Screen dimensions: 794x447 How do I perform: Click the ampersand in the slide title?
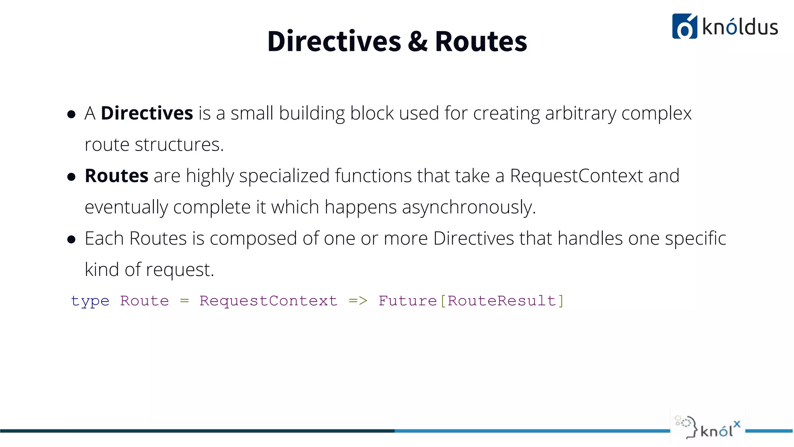click(x=418, y=42)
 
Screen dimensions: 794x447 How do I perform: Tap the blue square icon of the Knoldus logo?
click(x=684, y=26)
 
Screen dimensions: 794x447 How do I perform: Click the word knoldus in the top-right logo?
click(x=740, y=27)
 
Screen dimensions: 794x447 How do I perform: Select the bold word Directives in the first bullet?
click(x=147, y=113)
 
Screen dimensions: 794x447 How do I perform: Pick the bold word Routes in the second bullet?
click(x=116, y=176)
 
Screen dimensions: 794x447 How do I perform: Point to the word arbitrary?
click(x=580, y=113)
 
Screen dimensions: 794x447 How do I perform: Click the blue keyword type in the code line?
click(x=90, y=301)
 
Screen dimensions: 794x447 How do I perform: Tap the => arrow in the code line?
click(x=357, y=301)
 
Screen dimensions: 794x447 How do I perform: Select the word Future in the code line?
click(x=407, y=301)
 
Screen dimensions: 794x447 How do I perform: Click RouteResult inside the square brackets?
click(x=502, y=301)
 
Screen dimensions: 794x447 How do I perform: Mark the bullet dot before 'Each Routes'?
click(x=71, y=239)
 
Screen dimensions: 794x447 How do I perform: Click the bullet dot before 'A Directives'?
click(x=71, y=114)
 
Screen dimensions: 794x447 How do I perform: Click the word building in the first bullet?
click(x=312, y=113)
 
